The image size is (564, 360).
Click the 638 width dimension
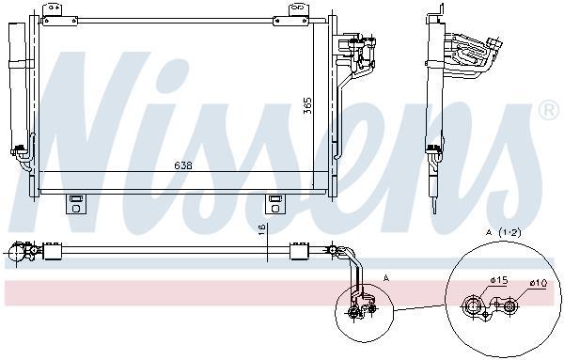[x=183, y=165]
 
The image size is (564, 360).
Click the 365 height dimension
[x=308, y=105]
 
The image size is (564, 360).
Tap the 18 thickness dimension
[x=262, y=229]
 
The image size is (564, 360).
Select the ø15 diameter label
[x=498, y=280]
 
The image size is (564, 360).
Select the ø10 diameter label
[x=539, y=284]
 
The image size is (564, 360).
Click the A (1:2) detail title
[x=503, y=233]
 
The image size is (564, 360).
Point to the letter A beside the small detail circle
[x=386, y=278]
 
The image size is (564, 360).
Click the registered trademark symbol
[x=549, y=111]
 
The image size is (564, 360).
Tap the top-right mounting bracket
[x=290, y=15]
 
